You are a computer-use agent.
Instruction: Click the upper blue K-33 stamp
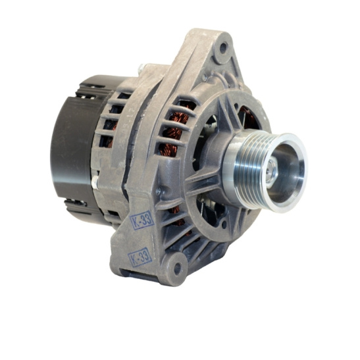(141, 220)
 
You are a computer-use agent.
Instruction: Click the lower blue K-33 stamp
(140, 257)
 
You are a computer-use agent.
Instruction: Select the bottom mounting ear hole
(177, 268)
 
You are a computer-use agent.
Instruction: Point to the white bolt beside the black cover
(95, 182)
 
